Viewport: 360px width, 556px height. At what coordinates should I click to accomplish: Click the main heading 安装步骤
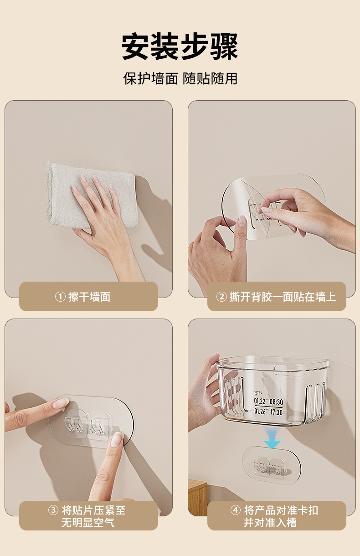point(180,46)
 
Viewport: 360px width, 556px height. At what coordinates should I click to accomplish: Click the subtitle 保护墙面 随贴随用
point(180,78)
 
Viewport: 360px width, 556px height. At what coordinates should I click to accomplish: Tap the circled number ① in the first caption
point(60,297)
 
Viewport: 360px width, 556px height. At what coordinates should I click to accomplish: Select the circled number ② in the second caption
point(221,297)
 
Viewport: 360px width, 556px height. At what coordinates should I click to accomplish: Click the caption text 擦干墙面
point(89,297)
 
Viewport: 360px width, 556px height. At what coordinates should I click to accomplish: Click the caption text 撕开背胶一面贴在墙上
point(283,297)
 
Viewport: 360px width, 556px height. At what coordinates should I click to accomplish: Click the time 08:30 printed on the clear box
point(276,402)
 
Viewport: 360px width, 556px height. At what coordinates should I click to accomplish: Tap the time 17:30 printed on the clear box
point(276,412)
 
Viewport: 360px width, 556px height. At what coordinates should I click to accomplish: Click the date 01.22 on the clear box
point(260,401)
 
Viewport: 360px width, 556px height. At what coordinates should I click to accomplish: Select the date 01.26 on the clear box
point(260,412)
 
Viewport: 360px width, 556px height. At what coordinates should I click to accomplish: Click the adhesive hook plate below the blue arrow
point(272,466)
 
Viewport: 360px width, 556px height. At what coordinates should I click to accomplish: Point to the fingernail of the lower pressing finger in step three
point(116,440)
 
